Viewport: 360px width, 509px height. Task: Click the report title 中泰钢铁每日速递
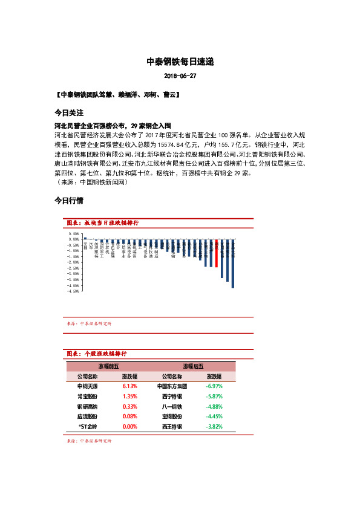180,62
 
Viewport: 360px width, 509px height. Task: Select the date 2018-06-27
180,76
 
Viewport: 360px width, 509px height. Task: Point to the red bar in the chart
217,253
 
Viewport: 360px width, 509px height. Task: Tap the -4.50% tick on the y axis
74,291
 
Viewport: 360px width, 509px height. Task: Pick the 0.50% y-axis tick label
74,233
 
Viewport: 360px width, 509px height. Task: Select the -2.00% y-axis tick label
74,262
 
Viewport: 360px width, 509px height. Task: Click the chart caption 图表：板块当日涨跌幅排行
103,223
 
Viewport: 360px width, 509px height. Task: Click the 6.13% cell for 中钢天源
129,386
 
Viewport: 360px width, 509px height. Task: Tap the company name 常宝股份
87,396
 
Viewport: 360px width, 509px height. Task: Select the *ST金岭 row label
88,426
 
